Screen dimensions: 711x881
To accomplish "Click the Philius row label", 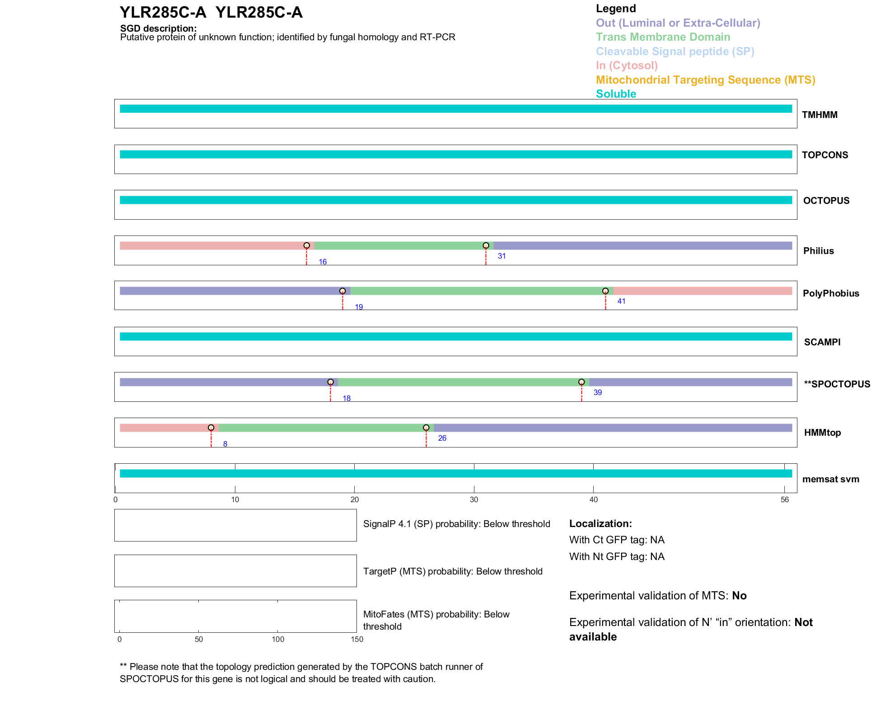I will pyautogui.click(x=818, y=251).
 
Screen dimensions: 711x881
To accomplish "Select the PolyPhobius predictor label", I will pyautogui.click(x=830, y=293).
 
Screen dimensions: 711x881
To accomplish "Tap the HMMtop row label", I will pyautogui.click(x=822, y=433).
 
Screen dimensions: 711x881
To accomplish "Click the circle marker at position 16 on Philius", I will pyautogui.click(x=306, y=245).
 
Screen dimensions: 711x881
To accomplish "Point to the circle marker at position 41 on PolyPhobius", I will pyautogui.click(x=605, y=291).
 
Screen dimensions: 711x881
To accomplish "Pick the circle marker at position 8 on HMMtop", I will pyautogui.click(x=211, y=428).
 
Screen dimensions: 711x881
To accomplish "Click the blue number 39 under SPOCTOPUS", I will pyautogui.click(x=597, y=392).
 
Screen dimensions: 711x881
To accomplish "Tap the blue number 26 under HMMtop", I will pyautogui.click(x=442, y=438).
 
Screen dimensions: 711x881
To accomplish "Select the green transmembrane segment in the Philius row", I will pyautogui.click(x=400, y=245).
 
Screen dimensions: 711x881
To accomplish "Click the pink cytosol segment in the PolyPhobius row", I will pyautogui.click(x=703, y=291).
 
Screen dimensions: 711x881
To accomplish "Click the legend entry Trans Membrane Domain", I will pyautogui.click(x=663, y=37).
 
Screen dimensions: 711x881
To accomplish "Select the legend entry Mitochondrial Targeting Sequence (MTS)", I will pyautogui.click(x=705, y=80).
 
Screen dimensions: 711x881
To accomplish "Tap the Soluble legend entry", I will pyautogui.click(x=616, y=94).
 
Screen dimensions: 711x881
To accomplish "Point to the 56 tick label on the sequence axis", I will pyautogui.click(x=784, y=499).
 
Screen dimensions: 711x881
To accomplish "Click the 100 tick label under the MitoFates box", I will pyautogui.click(x=278, y=639).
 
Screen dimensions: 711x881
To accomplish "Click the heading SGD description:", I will pyautogui.click(x=158, y=28).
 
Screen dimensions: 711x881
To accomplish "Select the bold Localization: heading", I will pyautogui.click(x=600, y=523).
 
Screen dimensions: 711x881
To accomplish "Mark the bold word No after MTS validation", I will pyautogui.click(x=739, y=596).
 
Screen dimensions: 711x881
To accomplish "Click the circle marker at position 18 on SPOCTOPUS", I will pyautogui.click(x=330, y=382).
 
